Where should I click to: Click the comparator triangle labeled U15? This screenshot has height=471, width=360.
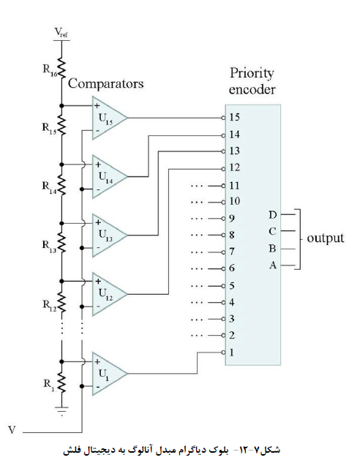pyautogui.click(x=108, y=118)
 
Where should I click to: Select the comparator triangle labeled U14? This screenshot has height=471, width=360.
pyautogui.click(x=108, y=177)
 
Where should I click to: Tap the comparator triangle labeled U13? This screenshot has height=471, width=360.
pyautogui.click(x=108, y=235)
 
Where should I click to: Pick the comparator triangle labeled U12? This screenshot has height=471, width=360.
pyautogui.click(x=108, y=294)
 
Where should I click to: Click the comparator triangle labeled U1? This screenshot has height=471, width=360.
pyautogui.click(x=108, y=374)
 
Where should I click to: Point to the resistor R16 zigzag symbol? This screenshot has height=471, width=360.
pyautogui.click(x=61, y=69)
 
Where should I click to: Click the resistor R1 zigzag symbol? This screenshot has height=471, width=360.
pyautogui.click(x=61, y=383)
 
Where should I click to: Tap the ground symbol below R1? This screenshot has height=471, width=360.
pyautogui.click(x=61, y=410)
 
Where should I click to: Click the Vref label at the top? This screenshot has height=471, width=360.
pyautogui.click(x=61, y=32)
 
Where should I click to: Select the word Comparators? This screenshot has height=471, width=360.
pyautogui.click(x=106, y=83)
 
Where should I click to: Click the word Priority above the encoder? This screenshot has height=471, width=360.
pyautogui.click(x=252, y=74)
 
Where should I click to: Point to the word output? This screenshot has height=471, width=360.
pyautogui.click(x=325, y=238)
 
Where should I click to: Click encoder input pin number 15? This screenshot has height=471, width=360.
pyautogui.click(x=234, y=117)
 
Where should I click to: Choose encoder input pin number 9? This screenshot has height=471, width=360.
pyautogui.click(x=232, y=218)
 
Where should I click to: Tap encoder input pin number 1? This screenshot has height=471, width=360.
pyautogui.click(x=231, y=352)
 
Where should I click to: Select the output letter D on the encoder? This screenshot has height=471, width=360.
pyautogui.click(x=272, y=215)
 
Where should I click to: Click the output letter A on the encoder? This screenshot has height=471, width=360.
pyautogui.click(x=273, y=265)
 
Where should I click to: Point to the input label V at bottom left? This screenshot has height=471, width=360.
pyautogui.click(x=12, y=430)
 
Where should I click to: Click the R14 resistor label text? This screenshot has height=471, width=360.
pyautogui.click(x=49, y=187)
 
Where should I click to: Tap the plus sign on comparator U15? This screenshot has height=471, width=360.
pyautogui.click(x=97, y=106)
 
